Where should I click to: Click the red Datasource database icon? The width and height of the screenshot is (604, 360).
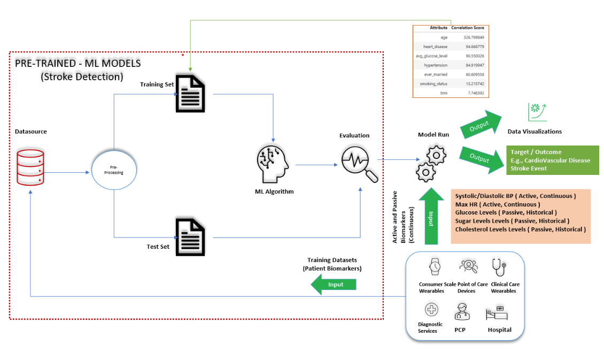tap(30, 167)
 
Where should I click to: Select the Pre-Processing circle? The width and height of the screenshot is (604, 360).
tap(113, 173)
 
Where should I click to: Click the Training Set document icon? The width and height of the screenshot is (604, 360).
tap(190, 94)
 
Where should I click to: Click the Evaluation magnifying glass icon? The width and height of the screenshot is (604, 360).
tap(359, 163)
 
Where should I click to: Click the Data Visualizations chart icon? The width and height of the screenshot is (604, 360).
tap(534, 112)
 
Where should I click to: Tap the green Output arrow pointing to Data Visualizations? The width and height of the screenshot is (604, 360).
tap(479, 123)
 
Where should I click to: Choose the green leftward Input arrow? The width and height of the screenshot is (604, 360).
tap(334, 284)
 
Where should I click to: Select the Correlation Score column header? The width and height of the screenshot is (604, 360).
tap(467, 27)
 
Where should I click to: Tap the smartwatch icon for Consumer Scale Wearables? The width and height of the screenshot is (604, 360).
tap(435, 266)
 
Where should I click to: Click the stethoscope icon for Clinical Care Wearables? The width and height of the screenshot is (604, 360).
tap(498, 266)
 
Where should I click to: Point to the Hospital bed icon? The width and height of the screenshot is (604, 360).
tap(495, 313)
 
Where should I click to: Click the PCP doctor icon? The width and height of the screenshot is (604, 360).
tap(461, 311)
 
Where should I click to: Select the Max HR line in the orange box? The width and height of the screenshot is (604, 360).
tap(497, 204)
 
